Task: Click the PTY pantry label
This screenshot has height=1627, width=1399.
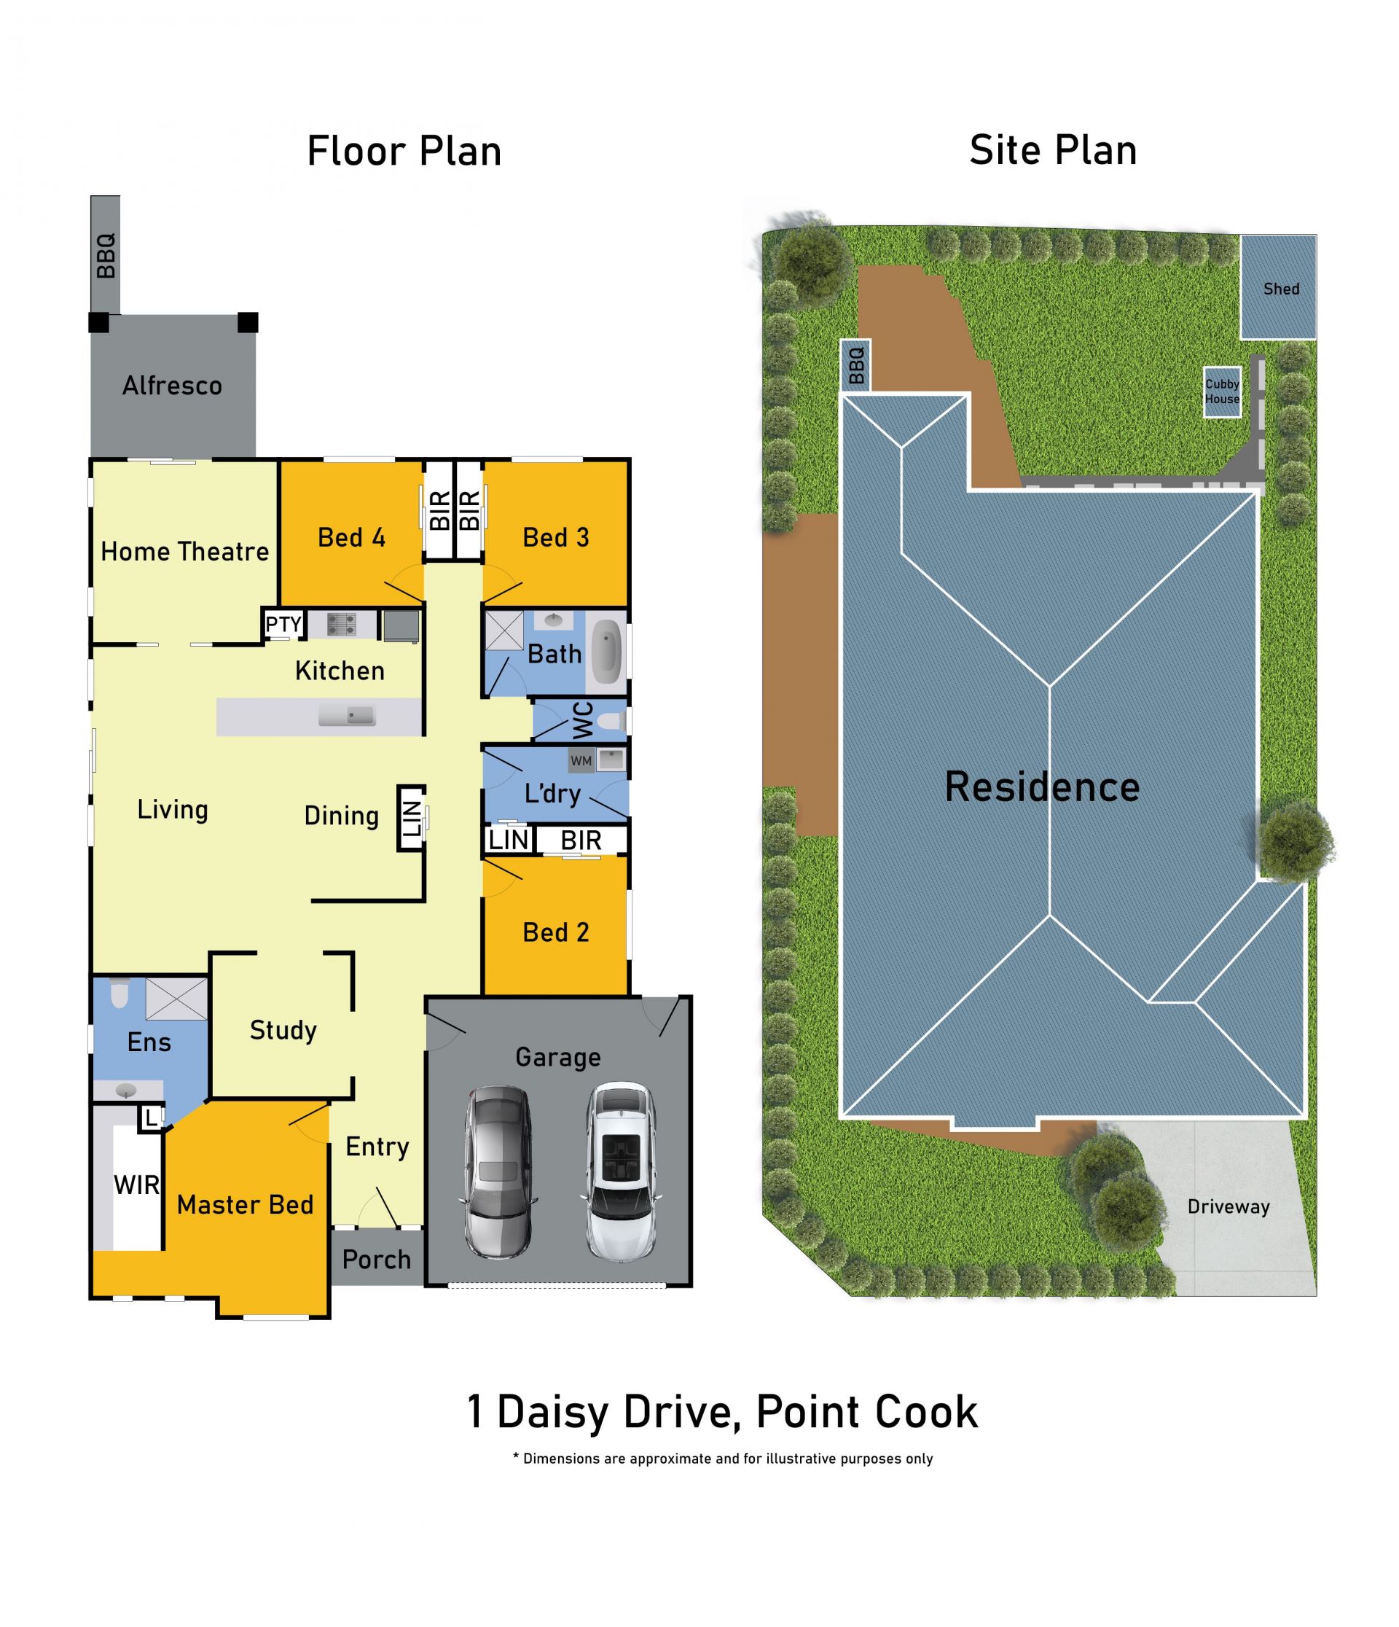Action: [x=283, y=624]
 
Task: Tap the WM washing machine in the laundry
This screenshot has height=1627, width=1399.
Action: [x=581, y=761]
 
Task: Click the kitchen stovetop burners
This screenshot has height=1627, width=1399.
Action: [x=342, y=625]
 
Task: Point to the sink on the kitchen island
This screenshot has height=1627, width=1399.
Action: [x=347, y=715]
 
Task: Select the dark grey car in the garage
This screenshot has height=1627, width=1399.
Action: [x=498, y=1172]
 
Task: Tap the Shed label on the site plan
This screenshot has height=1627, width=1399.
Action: [x=1281, y=289]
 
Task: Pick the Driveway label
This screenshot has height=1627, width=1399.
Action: [x=1228, y=1207]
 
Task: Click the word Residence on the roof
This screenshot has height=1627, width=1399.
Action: [x=1043, y=787]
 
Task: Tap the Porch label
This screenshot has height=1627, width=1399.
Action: [x=377, y=1260]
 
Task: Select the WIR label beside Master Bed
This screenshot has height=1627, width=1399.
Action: [x=136, y=1185]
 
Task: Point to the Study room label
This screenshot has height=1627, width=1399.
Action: [x=283, y=1030]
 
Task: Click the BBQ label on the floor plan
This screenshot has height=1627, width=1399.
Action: [x=106, y=255]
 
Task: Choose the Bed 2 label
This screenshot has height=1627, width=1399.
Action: [x=556, y=932]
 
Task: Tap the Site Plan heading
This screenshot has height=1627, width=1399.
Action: [x=1054, y=150]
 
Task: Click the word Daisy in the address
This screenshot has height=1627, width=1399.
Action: [x=554, y=1413]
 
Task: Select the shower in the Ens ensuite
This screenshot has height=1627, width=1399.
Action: [x=176, y=998]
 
